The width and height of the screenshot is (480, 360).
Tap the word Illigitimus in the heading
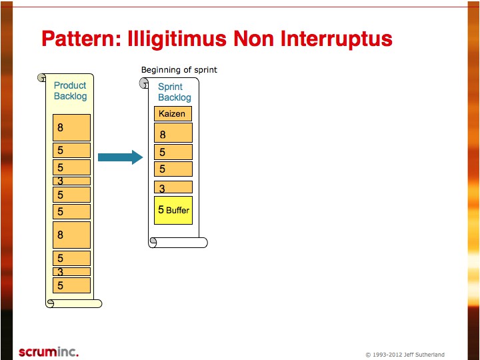click(x=177, y=39)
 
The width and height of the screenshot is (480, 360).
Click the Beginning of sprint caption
click(x=179, y=70)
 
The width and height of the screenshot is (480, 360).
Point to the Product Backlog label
click(x=70, y=91)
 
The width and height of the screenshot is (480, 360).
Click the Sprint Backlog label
click(x=174, y=92)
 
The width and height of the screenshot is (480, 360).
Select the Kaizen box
click(x=173, y=113)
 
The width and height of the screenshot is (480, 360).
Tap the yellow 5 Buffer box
click(x=173, y=210)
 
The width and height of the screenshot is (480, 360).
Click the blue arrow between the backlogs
click(x=120, y=157)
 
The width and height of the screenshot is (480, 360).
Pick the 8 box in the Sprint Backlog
click(x=173, y=133)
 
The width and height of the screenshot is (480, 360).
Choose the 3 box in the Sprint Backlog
click(x=173, y=187)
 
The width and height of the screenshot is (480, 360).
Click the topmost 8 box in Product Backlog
click(x=71, y=127)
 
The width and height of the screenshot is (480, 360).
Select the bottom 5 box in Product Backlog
click(x=71, y=285)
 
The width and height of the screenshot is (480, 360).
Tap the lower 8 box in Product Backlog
click(x=71, y=235)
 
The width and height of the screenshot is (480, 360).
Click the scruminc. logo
click(x=49, y=352)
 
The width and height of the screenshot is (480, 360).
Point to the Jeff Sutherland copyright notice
click(x=405, y=355)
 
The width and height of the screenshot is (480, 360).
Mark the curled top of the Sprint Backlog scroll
click(x=144, y=83)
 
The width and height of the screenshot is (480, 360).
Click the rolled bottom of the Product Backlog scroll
click(x=74, y=303)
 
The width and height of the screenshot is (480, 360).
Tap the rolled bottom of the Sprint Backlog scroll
click(x=178, y=243)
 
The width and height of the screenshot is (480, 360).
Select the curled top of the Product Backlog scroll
click(x=41, y=77)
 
